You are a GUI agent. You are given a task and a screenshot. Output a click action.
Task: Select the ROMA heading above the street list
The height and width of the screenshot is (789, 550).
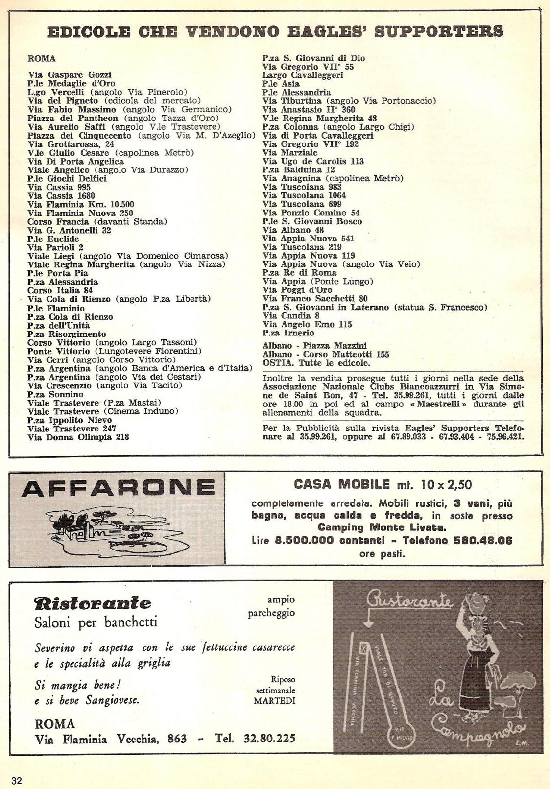coord(42,59)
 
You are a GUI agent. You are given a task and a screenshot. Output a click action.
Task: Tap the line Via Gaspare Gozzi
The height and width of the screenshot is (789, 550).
coord(70,75)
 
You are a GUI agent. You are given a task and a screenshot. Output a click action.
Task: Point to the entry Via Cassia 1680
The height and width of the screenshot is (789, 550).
coord(61,196)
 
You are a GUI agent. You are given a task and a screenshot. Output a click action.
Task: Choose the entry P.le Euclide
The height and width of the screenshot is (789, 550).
coord(53,239)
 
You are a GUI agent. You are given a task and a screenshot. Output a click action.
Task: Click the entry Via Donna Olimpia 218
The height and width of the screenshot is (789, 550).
coord(78,437)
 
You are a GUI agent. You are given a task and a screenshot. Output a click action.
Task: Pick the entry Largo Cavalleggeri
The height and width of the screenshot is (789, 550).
coord(303,75)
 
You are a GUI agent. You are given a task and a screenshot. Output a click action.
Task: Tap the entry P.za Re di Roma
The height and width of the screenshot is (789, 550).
coord(299,273)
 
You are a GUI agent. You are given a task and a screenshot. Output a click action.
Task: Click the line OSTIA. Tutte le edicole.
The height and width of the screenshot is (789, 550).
coord(316,363)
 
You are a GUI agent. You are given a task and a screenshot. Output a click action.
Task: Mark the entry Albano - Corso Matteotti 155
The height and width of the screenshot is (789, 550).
coord(326,354)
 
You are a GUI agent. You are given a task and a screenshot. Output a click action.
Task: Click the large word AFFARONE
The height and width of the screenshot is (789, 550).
coord(118,488)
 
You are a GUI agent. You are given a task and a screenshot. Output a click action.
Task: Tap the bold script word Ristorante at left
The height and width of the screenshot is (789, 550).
coord(93,603)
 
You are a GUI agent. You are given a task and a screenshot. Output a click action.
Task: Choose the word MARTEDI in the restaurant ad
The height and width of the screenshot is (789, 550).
coord(274,700)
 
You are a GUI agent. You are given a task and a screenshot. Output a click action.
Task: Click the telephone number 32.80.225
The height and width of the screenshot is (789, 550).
coord(269,738)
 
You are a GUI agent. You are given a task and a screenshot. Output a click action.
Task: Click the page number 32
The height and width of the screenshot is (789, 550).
coord(17,780)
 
